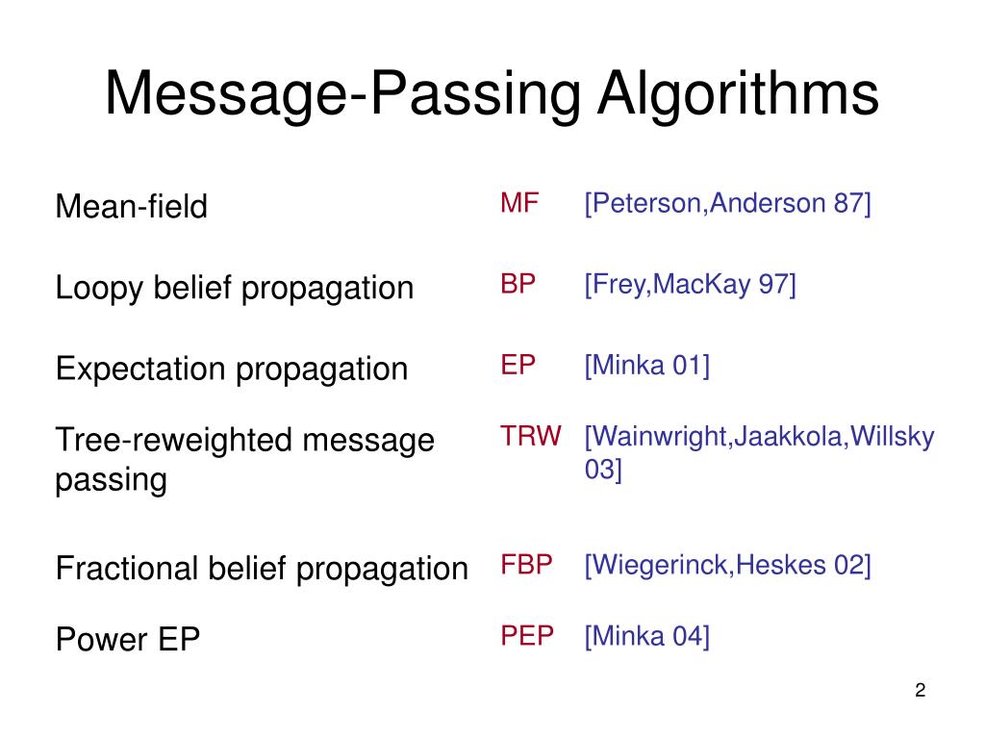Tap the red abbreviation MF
click(519, 203)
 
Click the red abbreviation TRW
click(530, 436)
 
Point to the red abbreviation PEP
click(527, 635)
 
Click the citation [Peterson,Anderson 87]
click(727, 203)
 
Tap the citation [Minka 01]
click(646, 366)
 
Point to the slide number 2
click(921, 690)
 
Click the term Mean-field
click(132, 206)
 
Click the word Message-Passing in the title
click(342, 94)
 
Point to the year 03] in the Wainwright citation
click(603, 471)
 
